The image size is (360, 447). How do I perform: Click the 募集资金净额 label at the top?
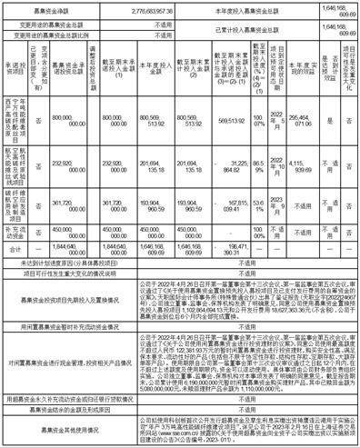tap(55, 6)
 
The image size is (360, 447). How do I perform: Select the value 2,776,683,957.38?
tap(146, 6)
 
